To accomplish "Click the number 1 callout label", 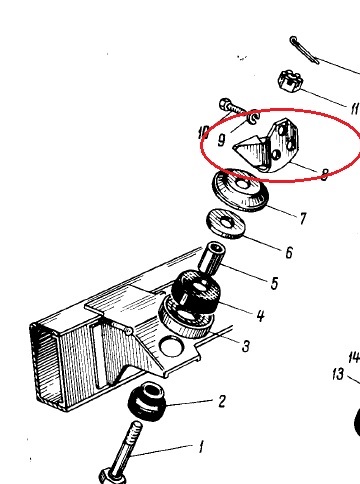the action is point(201,447).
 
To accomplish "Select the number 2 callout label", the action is point(222,401).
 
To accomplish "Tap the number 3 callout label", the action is point(246,346).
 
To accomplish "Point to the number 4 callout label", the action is point(261,315).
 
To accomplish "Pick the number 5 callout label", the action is point(274,283).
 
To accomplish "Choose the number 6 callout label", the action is point(289,252).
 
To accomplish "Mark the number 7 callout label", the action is point(302,219).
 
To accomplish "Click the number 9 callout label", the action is point(221,140).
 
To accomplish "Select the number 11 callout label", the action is point(354,108).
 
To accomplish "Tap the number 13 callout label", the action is point(338,374).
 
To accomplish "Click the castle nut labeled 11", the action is point(290,82).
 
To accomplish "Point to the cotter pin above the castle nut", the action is point(304,50).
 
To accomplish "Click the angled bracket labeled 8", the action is point(267,146).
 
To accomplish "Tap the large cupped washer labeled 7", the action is point(240,189).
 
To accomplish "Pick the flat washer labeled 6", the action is point(226,224).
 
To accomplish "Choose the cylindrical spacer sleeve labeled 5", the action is point(212,259).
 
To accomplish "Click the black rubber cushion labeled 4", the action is point(196,292).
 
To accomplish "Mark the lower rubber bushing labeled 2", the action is point(147,402).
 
